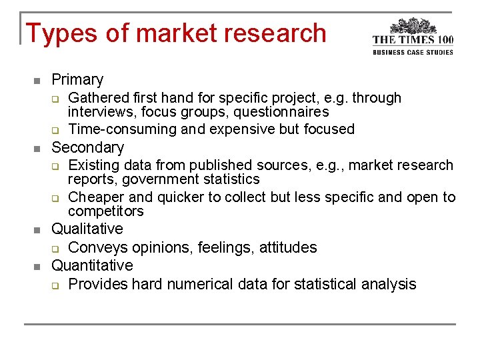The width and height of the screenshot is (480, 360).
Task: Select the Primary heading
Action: [x=77, y=80]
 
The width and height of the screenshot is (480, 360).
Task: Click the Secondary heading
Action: [x=87, y=147]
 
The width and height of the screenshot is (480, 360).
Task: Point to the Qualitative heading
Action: [x=87, y=229]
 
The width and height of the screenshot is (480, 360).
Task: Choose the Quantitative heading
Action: [x=92, y=266]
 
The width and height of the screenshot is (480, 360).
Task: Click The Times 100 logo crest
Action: [x=413, y=27]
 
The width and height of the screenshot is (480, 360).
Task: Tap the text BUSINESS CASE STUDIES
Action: [x=413, y=52]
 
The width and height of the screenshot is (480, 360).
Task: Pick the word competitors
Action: [x=106, y=212]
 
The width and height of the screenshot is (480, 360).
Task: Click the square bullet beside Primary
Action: [x=37, y=81]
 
